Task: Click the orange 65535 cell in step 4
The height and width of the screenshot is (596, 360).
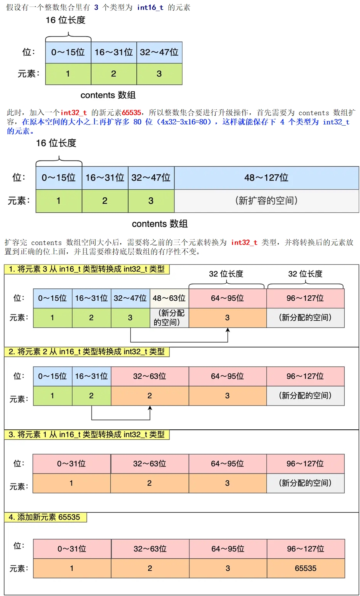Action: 305,568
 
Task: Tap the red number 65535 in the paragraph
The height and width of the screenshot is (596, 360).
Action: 131,113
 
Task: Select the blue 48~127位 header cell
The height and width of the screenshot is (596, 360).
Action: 266,178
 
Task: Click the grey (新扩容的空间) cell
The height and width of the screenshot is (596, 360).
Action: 266,200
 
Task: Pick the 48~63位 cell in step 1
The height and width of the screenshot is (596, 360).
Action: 169,298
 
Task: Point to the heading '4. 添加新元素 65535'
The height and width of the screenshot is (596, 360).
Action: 45,517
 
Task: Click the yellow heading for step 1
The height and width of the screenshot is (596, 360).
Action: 86,269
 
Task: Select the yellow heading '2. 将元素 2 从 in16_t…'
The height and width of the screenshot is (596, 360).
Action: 86,352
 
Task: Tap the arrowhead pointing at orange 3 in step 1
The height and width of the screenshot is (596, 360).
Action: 228,330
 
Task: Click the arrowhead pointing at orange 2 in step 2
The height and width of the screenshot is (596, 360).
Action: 150,408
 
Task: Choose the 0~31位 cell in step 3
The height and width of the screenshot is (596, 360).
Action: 71,464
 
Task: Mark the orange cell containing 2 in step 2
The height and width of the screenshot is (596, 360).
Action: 149,396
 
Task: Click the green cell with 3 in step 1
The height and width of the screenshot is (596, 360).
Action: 130,318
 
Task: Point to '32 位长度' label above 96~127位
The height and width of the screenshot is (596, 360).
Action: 305,274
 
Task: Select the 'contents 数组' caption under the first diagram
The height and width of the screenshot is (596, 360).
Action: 108,95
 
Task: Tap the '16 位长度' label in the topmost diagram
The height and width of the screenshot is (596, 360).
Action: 65,20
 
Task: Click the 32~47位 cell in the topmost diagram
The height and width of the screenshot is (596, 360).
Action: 159,52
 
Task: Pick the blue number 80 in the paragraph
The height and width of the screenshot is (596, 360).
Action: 137,122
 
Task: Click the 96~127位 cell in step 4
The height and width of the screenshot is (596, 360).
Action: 305,549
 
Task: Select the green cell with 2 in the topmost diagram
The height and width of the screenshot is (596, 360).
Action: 113,74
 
